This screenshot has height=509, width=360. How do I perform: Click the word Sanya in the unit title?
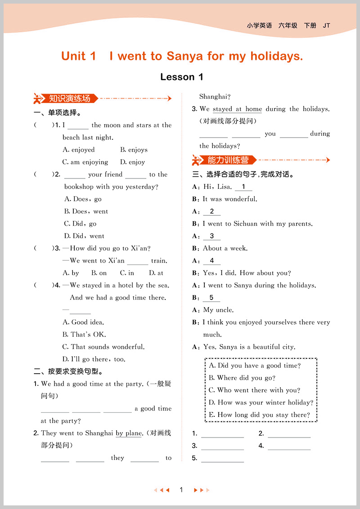(185, 56)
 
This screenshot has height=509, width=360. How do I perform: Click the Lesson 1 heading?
(182, 77)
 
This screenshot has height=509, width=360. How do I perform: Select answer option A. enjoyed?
(79, 150)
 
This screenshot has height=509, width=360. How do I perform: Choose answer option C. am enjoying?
(85, 162)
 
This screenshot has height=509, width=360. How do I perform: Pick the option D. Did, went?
(84, 236)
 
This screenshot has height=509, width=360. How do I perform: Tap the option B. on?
(99, 272)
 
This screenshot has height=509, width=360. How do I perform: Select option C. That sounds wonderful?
(103, 347)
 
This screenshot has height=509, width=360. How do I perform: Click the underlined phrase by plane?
(129, 433)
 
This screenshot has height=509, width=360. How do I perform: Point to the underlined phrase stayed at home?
(237, 109)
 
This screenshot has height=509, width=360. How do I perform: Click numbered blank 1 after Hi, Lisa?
(243, 187)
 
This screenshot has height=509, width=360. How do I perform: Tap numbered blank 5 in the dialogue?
(211, 298)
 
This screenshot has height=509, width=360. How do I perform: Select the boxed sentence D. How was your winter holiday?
(261, 402)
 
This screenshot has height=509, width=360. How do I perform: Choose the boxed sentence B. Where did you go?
(242, 378)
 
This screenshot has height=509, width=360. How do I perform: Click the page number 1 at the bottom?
(181, 490)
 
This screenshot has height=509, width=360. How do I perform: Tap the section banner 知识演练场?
(70, 98)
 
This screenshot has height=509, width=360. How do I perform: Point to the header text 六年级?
(288, 26)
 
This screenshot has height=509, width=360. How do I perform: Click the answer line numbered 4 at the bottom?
(289, 446)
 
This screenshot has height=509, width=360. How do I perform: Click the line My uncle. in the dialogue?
(218, 310)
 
